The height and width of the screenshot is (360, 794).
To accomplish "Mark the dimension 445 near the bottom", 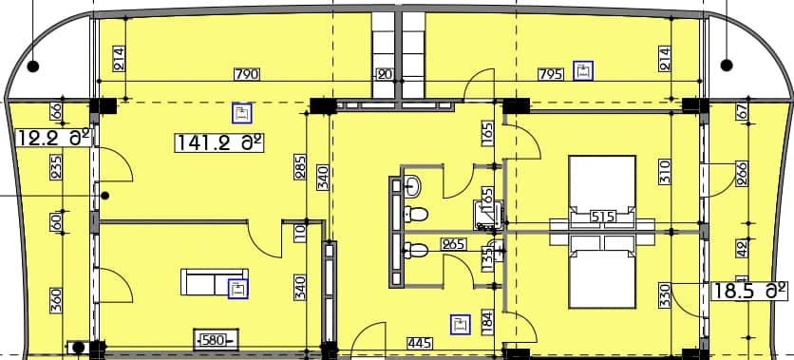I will [x=421, y=342].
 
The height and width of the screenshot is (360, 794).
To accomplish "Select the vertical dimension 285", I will [x=301, y=167].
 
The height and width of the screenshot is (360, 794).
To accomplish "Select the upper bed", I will [x=601, y=185].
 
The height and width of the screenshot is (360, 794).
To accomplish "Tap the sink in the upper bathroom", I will [x=413, y=183].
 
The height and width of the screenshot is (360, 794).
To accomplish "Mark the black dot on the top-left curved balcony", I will [x=33, y=66].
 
